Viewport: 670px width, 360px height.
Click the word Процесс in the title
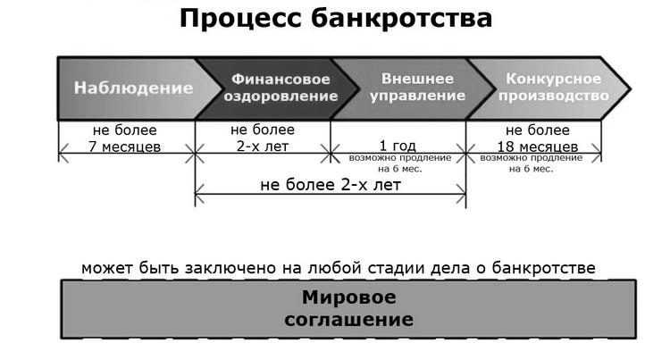[240, 20]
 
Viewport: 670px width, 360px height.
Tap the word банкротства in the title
[402, 19]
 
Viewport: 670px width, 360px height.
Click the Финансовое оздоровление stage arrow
[277, 88]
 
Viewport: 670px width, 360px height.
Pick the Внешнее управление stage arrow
[413, 88]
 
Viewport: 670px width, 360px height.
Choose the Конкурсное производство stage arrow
[549, 88]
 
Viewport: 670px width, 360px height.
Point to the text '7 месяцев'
[125, 147]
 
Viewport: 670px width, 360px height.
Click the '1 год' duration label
[398, 146]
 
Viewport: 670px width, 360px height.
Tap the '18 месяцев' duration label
[538, 147]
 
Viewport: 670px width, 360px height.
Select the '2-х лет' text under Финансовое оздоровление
[263, 147]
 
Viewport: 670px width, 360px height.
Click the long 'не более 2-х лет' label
[331, 185]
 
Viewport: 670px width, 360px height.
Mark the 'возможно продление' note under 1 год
[400, 158]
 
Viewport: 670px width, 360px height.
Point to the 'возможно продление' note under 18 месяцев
[532, 158]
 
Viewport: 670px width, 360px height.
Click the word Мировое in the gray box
[348, 297]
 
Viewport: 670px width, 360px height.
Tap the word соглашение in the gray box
[348, 320]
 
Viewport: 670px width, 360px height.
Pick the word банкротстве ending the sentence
[543, 268]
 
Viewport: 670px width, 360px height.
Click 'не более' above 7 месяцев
[125, 130]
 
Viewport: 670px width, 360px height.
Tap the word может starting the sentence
[108, 269]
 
